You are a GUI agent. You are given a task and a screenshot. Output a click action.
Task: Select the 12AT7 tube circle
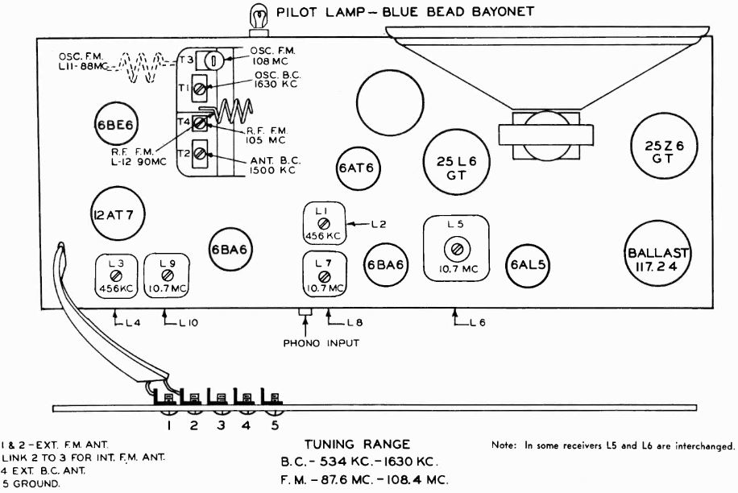[113, 214]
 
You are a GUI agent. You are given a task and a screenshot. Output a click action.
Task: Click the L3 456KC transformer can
[115, 278]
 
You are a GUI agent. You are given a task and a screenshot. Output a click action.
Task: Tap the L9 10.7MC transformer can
[167, 278]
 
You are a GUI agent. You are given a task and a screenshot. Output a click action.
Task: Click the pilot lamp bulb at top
[259, 14]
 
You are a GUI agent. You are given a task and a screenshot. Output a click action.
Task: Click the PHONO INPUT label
[321, 343]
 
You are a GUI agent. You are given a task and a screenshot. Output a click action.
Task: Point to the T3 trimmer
[210, 59]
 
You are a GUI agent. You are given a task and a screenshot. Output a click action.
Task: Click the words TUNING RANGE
[357, 444]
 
